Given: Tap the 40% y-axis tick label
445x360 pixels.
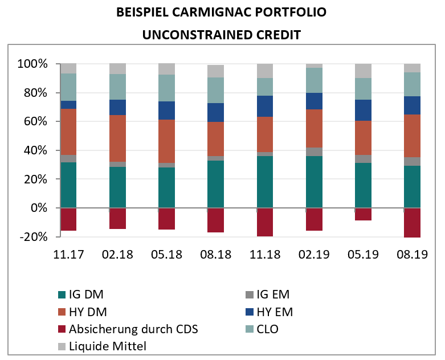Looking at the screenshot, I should coord(35,150).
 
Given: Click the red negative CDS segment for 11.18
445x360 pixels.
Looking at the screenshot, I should coord(265,222).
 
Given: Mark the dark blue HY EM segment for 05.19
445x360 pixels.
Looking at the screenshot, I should coord(363,110).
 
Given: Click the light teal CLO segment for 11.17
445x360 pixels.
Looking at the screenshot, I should coord(68,87).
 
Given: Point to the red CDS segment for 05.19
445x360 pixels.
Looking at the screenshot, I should coord(363,214).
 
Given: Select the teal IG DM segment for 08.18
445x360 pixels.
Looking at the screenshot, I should coord(215,184).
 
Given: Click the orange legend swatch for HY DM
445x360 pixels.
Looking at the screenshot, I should coord(62,312).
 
